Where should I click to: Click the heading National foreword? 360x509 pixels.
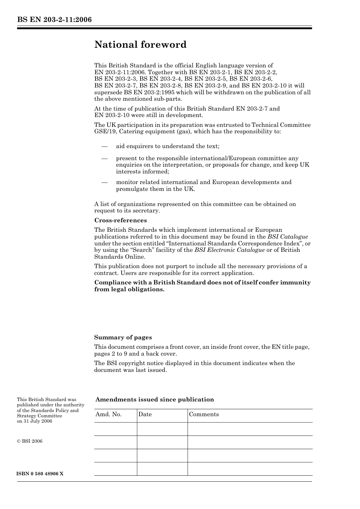tap(140, 45)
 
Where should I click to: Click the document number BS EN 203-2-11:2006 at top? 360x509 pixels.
tap(54, 20)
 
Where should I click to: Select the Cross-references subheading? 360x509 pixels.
tap(120, 220)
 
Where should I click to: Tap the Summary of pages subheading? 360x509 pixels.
tap(123, 337)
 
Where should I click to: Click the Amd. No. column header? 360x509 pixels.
tap(108, 414)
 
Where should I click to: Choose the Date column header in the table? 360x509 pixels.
tap(145, 414)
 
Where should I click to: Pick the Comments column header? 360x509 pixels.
tap(203, 414)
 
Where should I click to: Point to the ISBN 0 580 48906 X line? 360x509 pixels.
tap(40, 474)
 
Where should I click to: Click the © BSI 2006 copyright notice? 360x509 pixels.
tap(30, 441)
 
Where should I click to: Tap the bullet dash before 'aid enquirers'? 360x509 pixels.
tap(104, 146)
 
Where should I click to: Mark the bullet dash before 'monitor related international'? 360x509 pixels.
tap(104, 182)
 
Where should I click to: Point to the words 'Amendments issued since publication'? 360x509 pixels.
tap(154, 400)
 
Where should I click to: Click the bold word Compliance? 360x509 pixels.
tap(111, 283)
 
